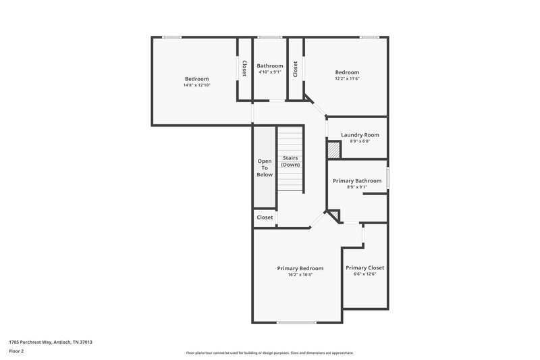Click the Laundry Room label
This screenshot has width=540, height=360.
point(360,135)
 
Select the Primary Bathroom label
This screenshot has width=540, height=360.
point(357,181)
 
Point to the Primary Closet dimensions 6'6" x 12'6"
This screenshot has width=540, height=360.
point(364,274)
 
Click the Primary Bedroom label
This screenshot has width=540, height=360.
point(300,268)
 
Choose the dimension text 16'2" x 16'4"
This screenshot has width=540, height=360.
point(300,275)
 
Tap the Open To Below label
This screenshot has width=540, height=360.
point(265,168)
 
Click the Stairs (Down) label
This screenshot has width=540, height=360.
point(291,161)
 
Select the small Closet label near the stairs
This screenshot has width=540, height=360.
point(265,217)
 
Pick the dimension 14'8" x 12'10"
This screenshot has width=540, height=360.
point(196,85)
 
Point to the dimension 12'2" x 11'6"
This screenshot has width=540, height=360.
point(347,79)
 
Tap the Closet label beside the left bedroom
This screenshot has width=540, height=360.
point(244,68)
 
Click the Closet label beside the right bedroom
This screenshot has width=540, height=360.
point(296,68)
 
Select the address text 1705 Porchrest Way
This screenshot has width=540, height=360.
point(51,342)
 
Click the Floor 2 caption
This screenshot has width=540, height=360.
point(17,351)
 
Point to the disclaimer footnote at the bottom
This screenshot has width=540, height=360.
point(269,353)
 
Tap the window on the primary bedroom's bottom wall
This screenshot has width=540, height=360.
point(296,323)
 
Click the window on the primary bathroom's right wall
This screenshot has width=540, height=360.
point(387,177)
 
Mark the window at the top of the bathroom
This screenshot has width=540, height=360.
point(270,37)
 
